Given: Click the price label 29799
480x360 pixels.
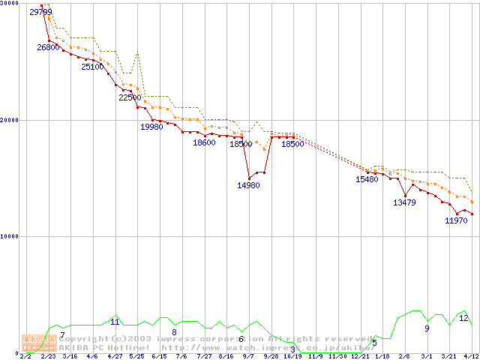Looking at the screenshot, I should pos(41,12).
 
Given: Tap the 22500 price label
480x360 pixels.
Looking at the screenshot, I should pos(130,97).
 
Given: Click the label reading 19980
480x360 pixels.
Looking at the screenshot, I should pos(151,127).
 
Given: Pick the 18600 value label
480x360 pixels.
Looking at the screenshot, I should pos(204,142).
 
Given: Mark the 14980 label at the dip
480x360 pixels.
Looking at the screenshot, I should pos(248,185).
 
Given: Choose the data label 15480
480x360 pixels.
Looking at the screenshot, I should pos(367,179).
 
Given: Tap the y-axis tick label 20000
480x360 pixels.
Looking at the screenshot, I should pos(10,120).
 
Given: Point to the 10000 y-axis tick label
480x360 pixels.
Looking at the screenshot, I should pos(10,237).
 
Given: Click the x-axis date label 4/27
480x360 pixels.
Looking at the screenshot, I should pos(115,356).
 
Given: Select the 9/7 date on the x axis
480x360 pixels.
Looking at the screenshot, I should pos(248,356).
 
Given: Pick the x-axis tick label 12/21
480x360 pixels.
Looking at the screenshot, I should pos(359,356).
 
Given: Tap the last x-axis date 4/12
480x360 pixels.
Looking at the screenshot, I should pos(471,356).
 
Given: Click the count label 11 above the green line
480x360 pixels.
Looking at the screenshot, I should pos(115,322).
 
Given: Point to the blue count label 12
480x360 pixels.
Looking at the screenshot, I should pos(463,319).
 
